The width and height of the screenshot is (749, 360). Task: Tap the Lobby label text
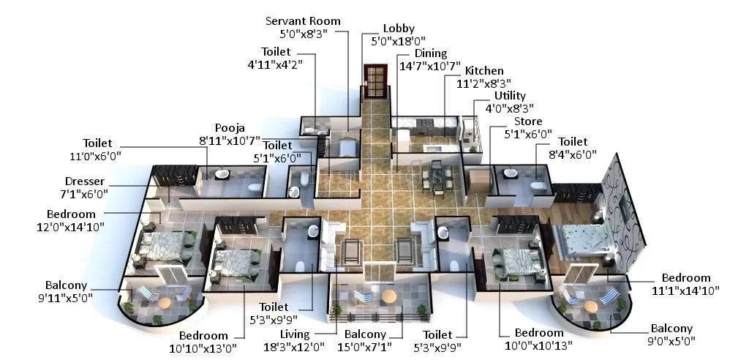399,29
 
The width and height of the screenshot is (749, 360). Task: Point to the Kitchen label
484,71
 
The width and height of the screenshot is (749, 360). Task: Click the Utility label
510,96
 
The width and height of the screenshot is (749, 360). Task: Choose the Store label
527,121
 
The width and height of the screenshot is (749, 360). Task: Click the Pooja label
229,127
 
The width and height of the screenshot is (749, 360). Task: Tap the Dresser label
85,181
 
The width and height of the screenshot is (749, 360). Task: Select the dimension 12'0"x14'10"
76,226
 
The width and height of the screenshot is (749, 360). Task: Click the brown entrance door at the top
374,80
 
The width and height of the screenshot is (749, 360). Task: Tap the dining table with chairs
436,177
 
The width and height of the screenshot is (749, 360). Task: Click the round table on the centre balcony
388,296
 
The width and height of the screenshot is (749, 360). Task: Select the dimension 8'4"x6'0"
577,154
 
